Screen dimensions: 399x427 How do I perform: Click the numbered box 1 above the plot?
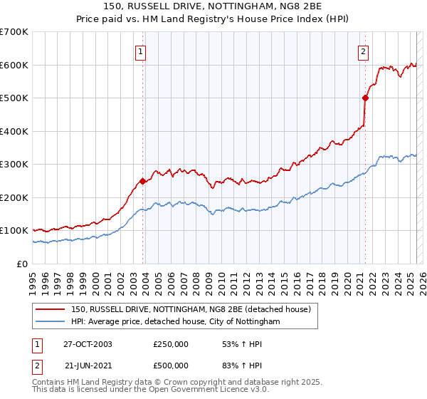[x=140, y=51]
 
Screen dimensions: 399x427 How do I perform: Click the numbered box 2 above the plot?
[x=363, y=51]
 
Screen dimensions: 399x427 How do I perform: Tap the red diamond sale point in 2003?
[x=143, y=181]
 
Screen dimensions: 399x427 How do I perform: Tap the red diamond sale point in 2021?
[x=366, y=98]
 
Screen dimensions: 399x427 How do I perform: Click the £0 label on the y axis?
[x=21, y=264]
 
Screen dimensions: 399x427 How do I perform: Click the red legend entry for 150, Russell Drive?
[x=191, y=310]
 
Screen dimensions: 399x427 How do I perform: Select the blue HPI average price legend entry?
[x=175, y=322]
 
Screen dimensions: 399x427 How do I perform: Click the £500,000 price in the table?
[x=170, y=365]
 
